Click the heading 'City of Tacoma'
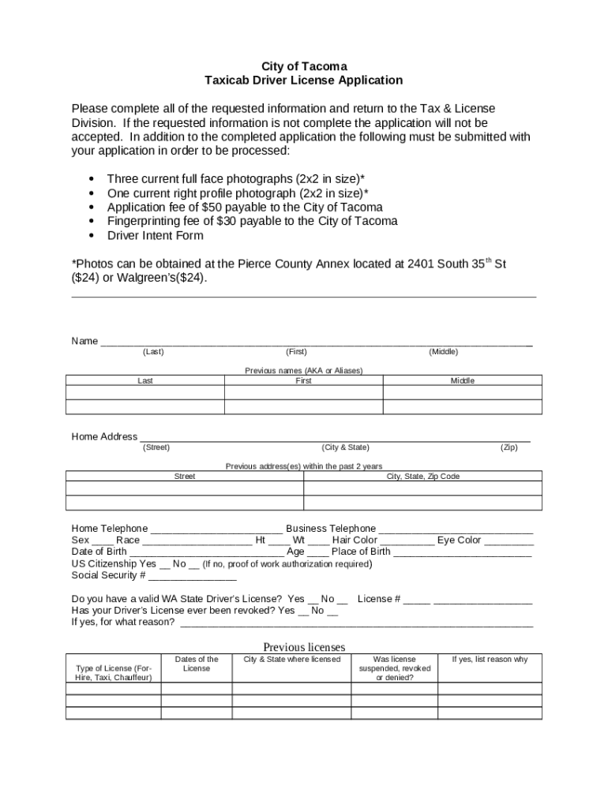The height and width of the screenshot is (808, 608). [303, 66]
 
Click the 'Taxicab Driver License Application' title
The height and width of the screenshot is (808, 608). [303, 80]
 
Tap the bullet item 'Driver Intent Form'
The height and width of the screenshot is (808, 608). [155, 235]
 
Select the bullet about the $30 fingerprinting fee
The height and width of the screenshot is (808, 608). [252, 221]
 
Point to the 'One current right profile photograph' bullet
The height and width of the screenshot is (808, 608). [238, 193]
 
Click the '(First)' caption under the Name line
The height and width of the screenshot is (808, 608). [296, 352]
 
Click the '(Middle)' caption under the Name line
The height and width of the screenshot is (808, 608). [443, 352]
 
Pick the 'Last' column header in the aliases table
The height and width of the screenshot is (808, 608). [145, 380]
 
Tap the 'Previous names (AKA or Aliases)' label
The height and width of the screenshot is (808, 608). [303, 371]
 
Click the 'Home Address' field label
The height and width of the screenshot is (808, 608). [104, 436]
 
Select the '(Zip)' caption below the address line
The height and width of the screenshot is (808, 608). [509, 447]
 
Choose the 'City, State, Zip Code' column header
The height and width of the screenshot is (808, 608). [422, 477]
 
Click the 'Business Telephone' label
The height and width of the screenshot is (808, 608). [331, 529]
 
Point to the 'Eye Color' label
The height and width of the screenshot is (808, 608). [459, 541]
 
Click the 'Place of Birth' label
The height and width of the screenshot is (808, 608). [361, 552]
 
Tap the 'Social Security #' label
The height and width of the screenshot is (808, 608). [108, 575]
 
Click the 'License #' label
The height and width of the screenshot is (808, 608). [379, 599]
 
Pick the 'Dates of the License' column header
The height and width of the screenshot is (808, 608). [197, 664]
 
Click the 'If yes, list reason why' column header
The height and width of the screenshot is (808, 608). [490, 660]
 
